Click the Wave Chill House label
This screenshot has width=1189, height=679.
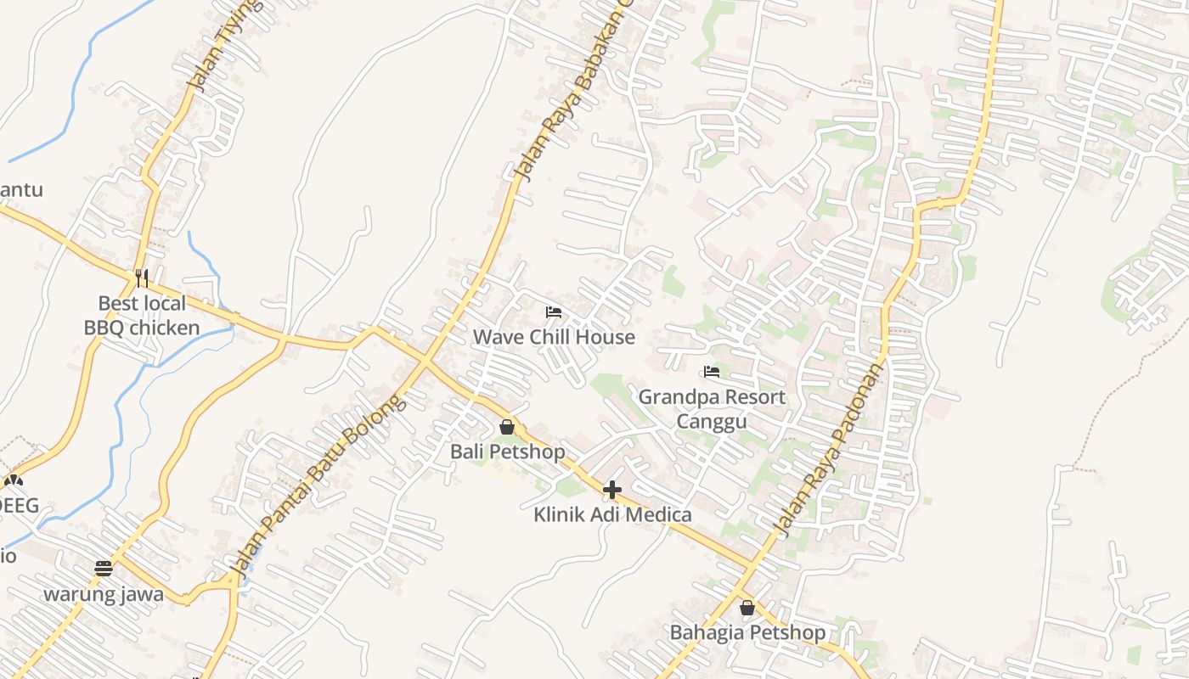click(x=554, y=337)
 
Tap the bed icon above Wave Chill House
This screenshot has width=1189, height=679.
click(x=554, y=312)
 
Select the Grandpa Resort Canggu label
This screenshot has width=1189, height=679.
click(x=712, y=409)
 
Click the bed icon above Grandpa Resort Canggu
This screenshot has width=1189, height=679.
click(x=712, y=372)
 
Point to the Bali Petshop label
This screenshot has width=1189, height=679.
click(x=507, y=452)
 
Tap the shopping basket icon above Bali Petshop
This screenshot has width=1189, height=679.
click(x=507, y=427)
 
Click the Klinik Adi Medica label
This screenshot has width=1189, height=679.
click(x=612, y=514)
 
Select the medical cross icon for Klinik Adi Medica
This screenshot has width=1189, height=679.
click(x=612, y=490)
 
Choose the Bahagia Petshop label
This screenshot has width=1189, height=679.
click(x=747, y=632)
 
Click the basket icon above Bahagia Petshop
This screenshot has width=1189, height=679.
click(x=747, y=608)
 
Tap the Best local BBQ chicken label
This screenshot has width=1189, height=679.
click(x=142, y=316)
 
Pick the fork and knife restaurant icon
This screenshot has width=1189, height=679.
click(x=142, y=278)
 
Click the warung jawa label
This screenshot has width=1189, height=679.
click(x=104, y=593)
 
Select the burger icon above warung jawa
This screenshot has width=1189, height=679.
click(x=104, y=569)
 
